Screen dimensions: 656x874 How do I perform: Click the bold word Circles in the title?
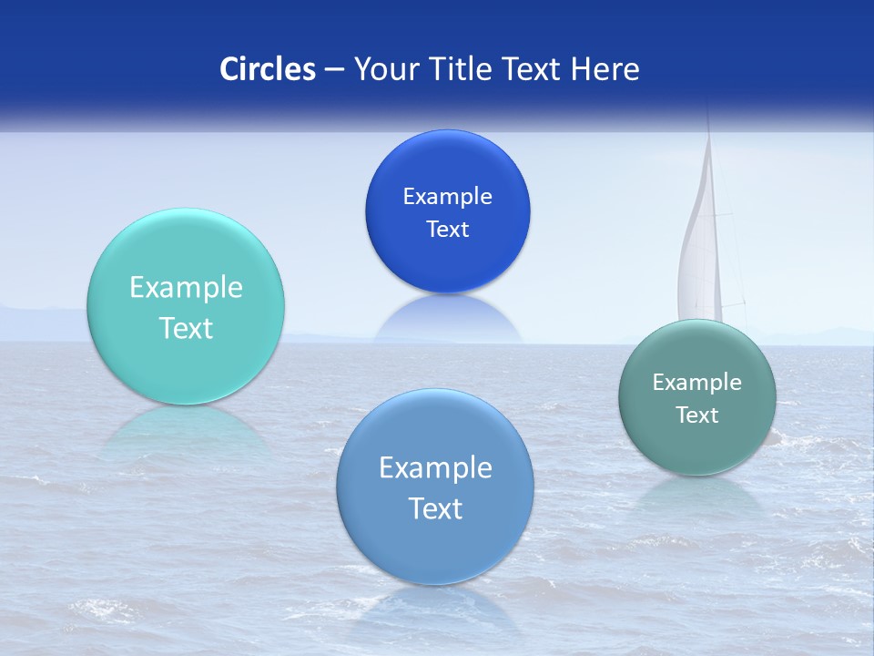(268, 69)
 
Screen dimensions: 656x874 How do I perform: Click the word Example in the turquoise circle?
(186, 288)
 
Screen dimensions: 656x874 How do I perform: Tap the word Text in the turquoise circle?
(186, 328)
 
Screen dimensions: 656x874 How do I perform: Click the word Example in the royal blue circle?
(447, 197)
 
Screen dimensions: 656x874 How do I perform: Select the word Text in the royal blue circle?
(447, 230)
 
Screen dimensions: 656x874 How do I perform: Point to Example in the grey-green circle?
(697, 383)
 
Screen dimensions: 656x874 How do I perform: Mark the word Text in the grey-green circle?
(697, 415)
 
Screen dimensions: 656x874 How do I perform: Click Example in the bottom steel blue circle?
(435, 468)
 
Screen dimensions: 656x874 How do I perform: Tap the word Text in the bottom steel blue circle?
(435, 508)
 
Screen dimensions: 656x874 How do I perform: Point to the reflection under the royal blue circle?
(447, 319)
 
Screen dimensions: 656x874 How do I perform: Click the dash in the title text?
(334, 69)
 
